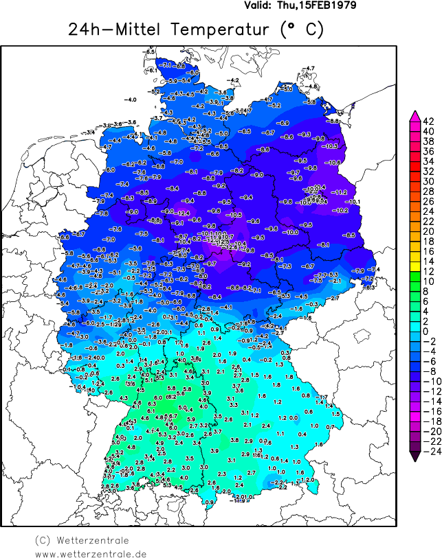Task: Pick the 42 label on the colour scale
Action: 429,121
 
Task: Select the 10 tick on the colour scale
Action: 428,281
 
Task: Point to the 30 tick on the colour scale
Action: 428,181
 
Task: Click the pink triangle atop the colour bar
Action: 415,115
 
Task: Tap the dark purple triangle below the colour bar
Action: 415,458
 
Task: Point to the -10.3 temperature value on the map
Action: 332,146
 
